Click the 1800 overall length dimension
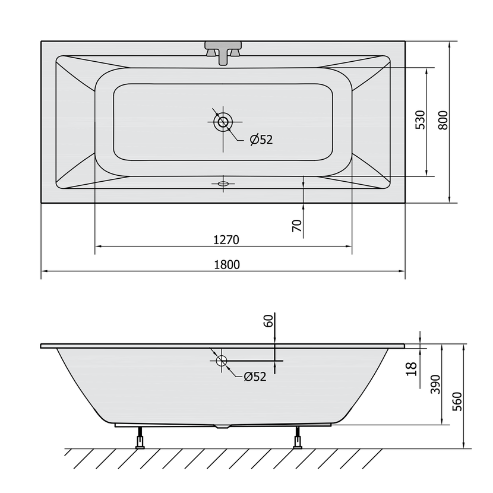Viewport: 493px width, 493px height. (227, 265)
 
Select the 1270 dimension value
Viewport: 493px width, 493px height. (226, 240)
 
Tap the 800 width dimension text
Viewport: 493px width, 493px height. (443, 120)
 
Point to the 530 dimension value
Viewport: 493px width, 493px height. (421, 120)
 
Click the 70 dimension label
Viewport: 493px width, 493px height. (297, 226)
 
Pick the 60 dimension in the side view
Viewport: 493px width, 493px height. (268, 321)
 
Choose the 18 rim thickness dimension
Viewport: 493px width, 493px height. (411, 369)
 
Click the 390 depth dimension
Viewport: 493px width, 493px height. (435, 384)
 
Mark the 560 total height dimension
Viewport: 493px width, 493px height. (457, 401)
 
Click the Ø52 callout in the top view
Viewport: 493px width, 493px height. (261, 139)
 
